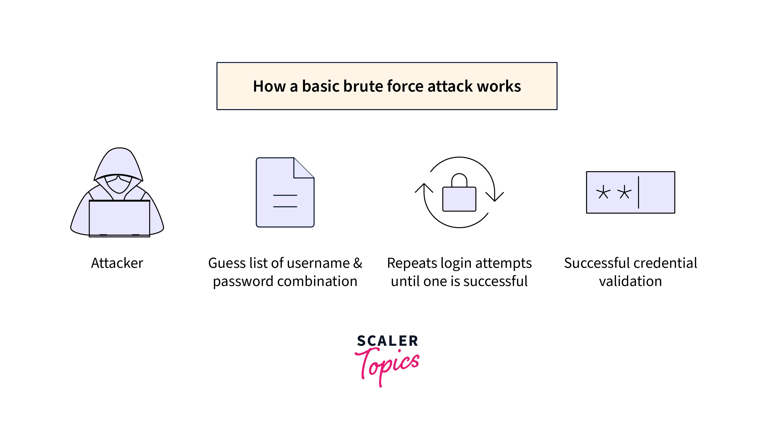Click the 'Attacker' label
tap(117, 263)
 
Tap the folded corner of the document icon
tap(304, 168)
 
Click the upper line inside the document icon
tap(285, 195)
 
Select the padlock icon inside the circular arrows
tap(459, 192)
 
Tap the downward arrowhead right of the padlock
tap(495, 197)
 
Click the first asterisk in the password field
tap(603, 192)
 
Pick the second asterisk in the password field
tap(624, 192)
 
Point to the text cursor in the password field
tap(639, 192)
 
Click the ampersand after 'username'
tap(358, 263)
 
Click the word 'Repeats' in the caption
tap(412, 263)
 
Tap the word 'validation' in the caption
tap(630, 281)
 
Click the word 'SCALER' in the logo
tap(387, 341)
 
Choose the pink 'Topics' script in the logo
tap(387, 366)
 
